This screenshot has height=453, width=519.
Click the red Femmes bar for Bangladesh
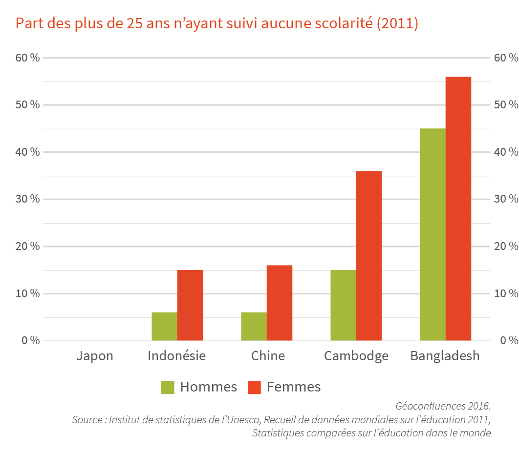point(458,208)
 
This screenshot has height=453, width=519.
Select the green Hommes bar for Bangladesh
point(432,234)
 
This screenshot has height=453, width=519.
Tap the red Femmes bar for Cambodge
point(369,255)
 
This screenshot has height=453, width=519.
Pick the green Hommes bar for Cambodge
point(343,305)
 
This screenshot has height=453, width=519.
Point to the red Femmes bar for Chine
point(280,303)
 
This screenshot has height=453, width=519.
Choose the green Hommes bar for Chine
point(254,326)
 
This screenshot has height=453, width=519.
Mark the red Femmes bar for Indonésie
point(190,305)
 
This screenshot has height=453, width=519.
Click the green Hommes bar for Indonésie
point(164,326)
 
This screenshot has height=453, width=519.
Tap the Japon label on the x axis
point(95,356)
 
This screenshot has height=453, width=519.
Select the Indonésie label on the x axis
point(177,356)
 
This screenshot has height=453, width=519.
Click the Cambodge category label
point(356,356)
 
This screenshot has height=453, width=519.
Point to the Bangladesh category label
point(445,356)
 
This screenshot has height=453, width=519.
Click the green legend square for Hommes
point(168,387)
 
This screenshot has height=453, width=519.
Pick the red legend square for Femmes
point(255,387)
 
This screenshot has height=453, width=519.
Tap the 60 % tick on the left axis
point(28,58)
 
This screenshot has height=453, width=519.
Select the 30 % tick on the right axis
point(506,199)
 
